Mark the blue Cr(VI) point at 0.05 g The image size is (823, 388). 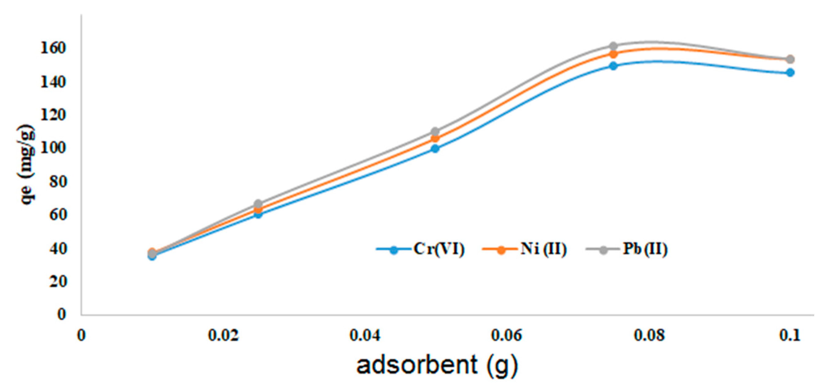[435, 148]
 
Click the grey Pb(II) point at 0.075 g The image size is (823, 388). [613, 46]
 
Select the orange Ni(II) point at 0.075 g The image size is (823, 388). [613, 54]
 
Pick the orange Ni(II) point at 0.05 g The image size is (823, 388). [435, 139]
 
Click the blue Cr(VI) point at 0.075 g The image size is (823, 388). [613, 66]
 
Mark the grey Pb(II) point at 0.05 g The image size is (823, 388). [435, 132]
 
